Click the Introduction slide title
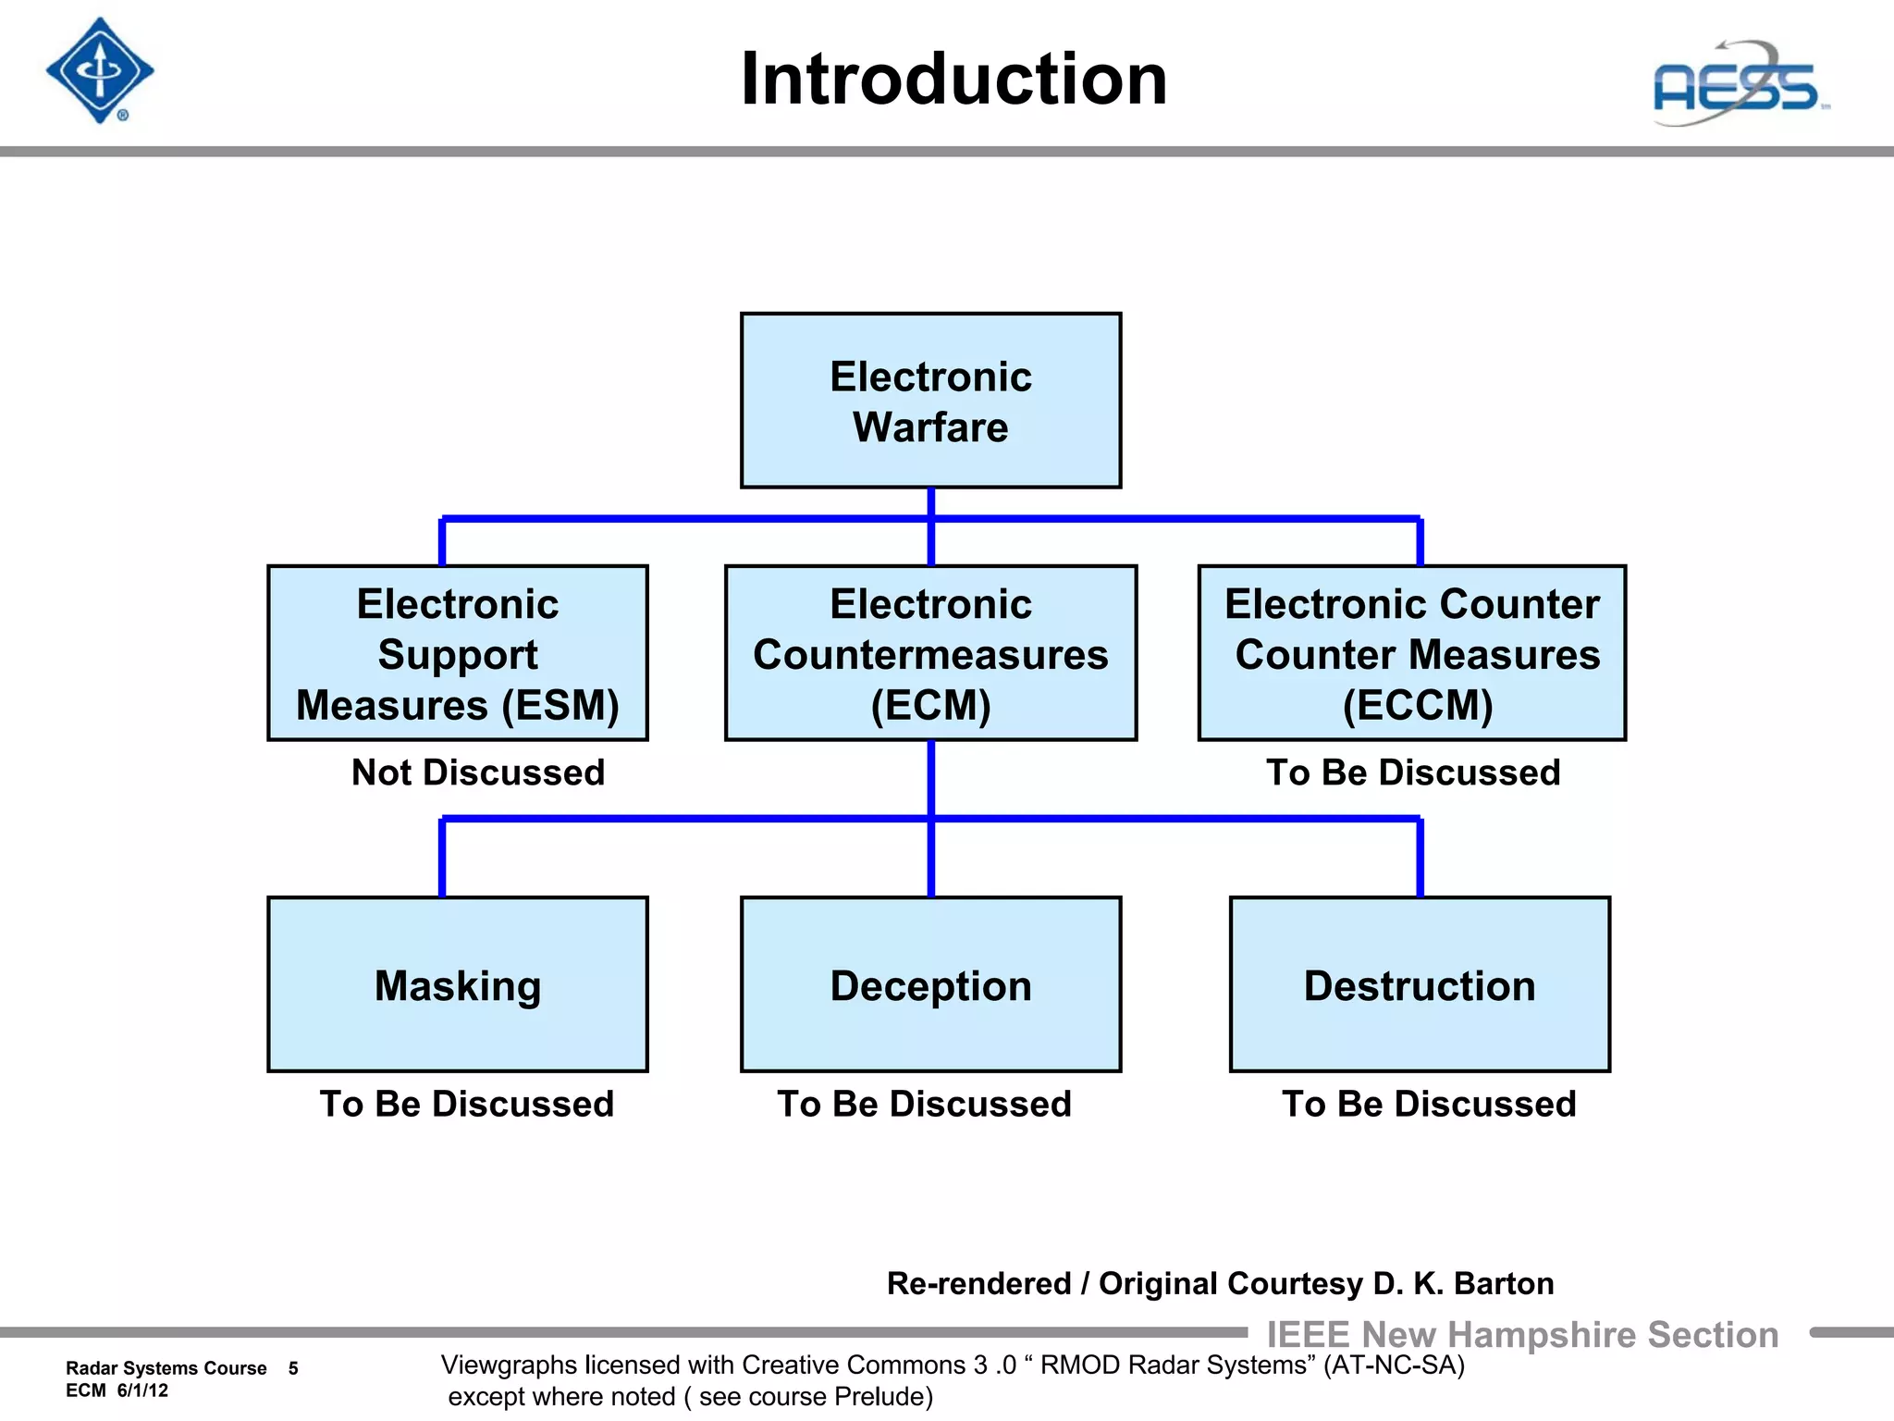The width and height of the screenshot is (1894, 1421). [x=953, y=80]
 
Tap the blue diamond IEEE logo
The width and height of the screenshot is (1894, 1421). [x=100, y=70]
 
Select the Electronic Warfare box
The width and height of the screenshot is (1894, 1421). [x=930, y=401]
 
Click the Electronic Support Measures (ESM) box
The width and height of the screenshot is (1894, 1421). [x=458, y=653]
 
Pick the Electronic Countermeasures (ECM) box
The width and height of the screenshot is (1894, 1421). [x=930, y=653]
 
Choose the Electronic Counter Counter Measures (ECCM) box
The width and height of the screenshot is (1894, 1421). [x=1412, y=653]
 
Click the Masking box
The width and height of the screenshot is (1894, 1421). [x=458, y=984]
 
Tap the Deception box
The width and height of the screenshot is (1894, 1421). [x=930, y=984]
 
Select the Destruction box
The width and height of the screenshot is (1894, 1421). [x=1420, y=984]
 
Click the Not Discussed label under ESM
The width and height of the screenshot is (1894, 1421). [x=478, y=772]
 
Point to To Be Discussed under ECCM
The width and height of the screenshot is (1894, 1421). [x=1413, y=772]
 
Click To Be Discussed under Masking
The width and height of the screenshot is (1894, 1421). [x=466, y=1104]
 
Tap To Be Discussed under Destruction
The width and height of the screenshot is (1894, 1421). [x=1429, y=1104]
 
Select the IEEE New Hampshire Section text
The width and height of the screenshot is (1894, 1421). [x=1522, y=1335]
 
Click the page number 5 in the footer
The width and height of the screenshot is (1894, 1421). [x=293, y=1368]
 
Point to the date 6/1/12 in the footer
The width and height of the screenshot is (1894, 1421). [x=142, y=1390]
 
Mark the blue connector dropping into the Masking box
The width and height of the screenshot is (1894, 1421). [x=442, y=858]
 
